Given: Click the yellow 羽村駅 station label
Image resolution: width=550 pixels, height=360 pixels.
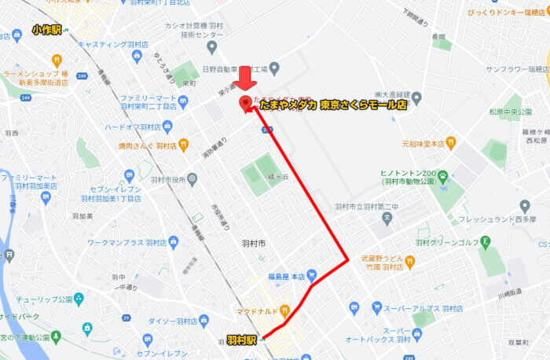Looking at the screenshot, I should (241, 340).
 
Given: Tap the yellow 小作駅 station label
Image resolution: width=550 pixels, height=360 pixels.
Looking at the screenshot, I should (47, 29).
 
